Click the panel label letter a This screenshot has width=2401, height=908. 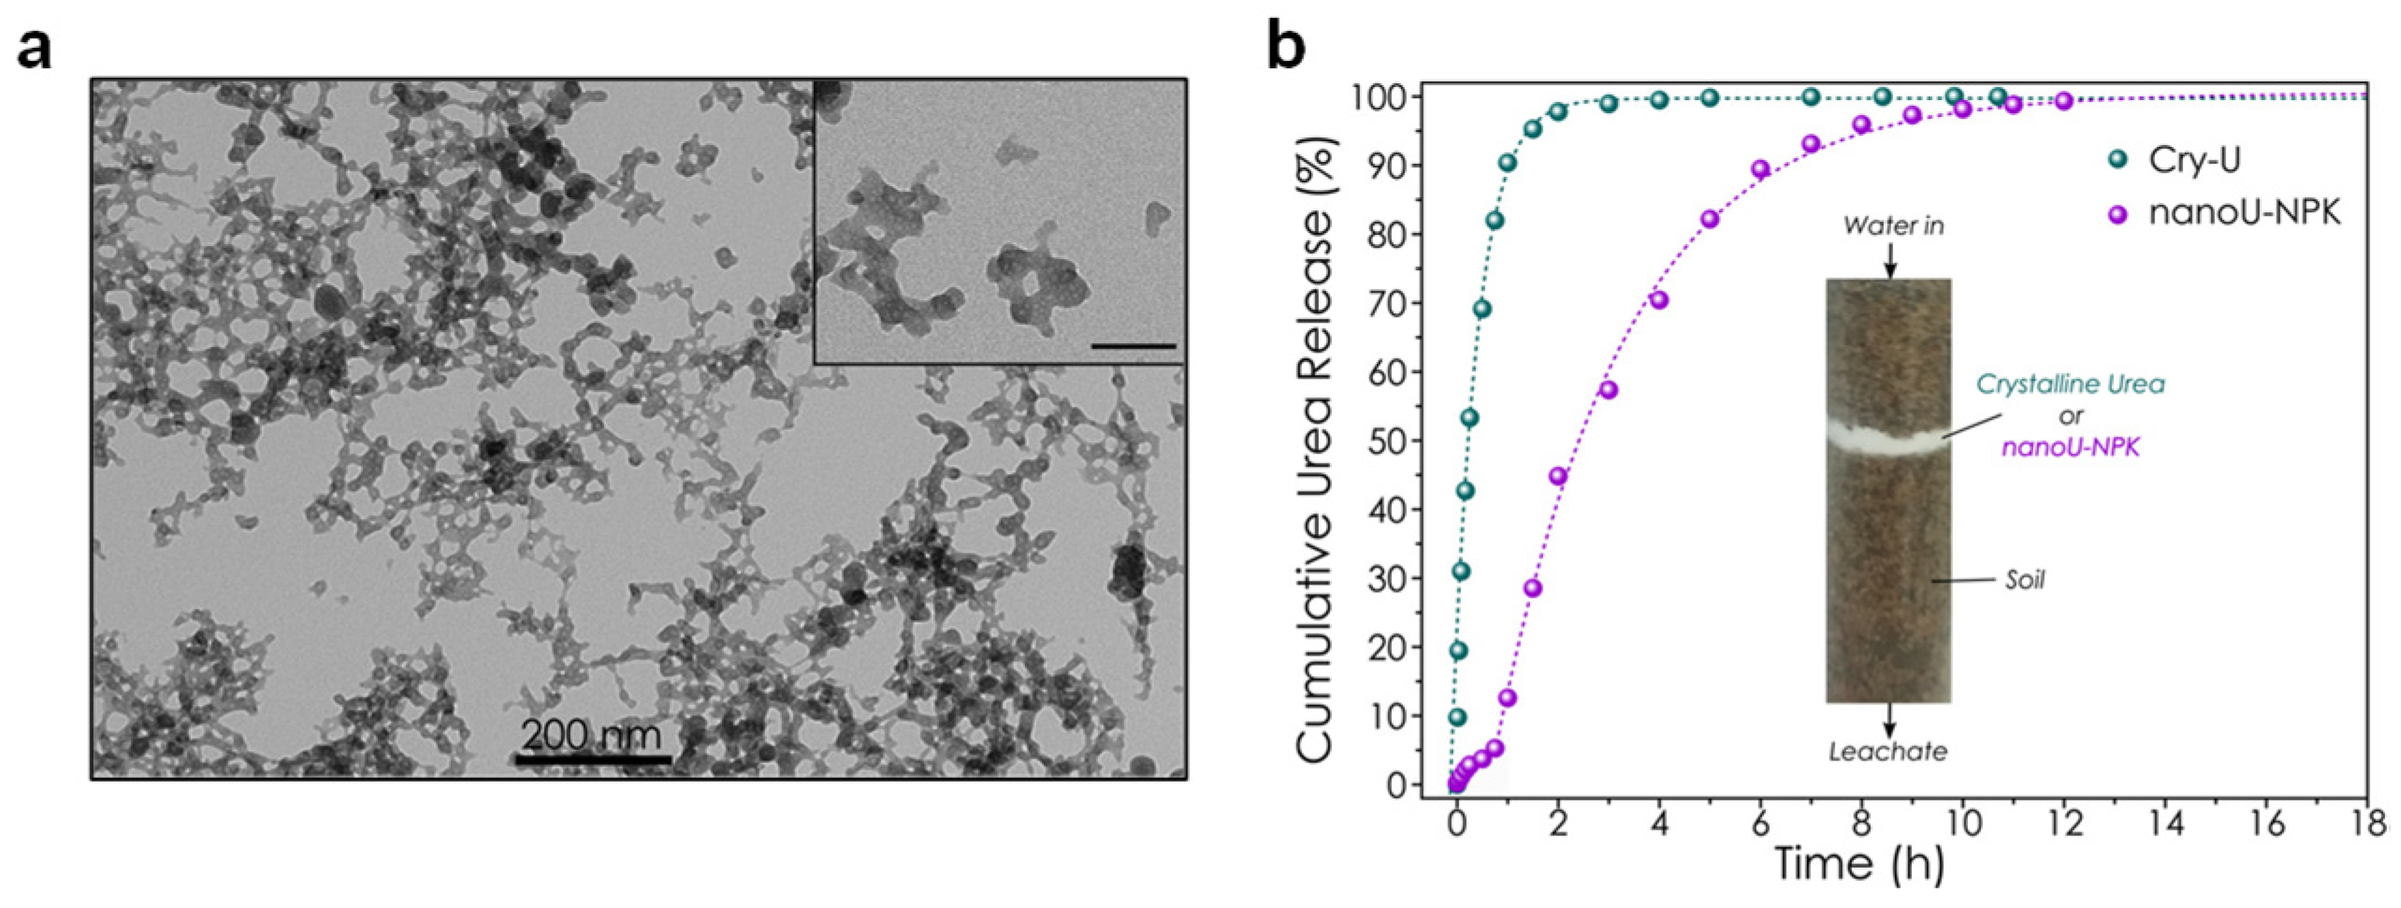coord(35,49)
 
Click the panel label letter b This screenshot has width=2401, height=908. coord(1286,45)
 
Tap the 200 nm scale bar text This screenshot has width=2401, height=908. coord(591,735)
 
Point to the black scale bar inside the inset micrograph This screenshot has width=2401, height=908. coord(1133,346)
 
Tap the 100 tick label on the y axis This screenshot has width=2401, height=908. coord(1377,97)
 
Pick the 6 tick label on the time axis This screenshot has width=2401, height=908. coord(1760,824)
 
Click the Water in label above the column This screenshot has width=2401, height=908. coord(1892,225)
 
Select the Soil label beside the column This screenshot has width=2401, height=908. coord(2024,581)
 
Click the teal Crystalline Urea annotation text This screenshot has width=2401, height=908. coord(2070,384)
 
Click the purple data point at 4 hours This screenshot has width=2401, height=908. coord(1659,300)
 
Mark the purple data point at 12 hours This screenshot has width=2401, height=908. coord(2064,101)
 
